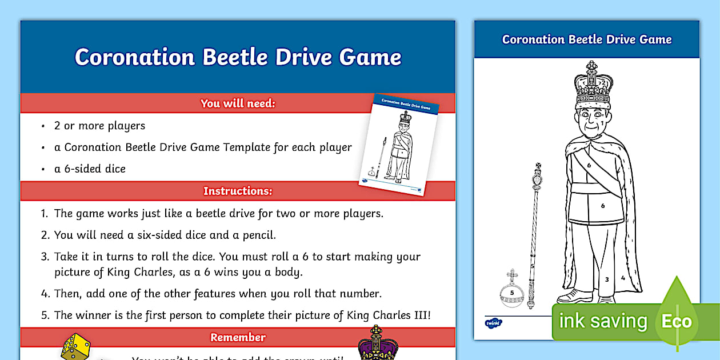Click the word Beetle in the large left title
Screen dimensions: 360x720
pyautogui.click(x=235, y=57)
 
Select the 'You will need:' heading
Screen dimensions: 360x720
pyautogui.click(x=238, y=103)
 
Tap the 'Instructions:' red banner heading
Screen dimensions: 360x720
pyautogui.click(x=238, y=191)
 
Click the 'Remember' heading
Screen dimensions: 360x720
pyautogui.click(x=238, y=337)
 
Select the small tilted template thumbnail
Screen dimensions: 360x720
pyautogui.click(x=399, y=145)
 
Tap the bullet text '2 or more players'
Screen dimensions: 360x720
pyautogui.click(x=99, y=126)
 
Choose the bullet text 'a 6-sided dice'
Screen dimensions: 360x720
pyautogui.click(x=90, y=169)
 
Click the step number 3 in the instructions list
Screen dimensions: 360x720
pyautogui.click(x=45, y=257)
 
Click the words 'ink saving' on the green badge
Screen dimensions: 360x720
pyautogui.click(x=603, y=321)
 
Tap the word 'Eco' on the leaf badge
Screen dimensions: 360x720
pyautogui.click(x=677, y=321)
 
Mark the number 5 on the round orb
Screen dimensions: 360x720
pyautogui.click(x=512, y=293)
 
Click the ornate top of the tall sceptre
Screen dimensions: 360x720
pyautogui.click(x=537, y=177)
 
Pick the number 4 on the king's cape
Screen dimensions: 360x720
pyautogui.click(x=623, y=278)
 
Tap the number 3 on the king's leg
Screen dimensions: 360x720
pyautogui.click(x=607, y=279)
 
